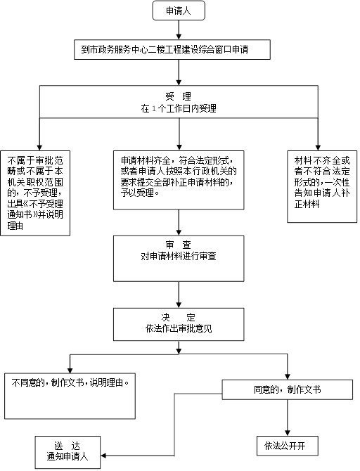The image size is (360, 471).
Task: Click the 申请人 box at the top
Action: (x=179, y=11)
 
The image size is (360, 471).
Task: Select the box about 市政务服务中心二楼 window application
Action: (x=172, y=49)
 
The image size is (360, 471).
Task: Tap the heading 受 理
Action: (x=178, y=96)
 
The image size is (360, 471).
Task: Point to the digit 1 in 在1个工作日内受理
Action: (x=154, y=108)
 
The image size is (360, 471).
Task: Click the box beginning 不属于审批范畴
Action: (x=35, y=193)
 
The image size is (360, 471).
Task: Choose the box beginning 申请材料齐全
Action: (x=179, y=180)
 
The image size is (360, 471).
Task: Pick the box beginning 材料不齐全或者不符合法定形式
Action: (x=322, y=186)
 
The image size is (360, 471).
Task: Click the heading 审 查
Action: (x=179, y=245)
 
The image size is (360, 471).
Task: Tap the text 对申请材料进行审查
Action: (x=179, y=256)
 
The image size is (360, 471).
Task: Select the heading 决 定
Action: (x=179, y=317)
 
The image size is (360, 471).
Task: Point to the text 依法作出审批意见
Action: (x=179, y=328)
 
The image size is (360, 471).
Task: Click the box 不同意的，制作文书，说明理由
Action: (x=70, y=396)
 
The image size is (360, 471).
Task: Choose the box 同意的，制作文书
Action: (x=288, y=389)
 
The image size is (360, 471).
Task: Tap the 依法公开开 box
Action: (x=288, y=446)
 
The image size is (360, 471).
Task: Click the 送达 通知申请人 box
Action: (x=67, y=453)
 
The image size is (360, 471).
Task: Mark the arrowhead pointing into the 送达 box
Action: (x=103, y=456)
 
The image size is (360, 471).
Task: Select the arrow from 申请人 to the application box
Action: (x=179, y=30)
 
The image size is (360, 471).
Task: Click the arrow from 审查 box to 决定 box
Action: (x=179, y=295)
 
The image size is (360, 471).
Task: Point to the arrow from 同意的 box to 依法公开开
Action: (x=288, y=418)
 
